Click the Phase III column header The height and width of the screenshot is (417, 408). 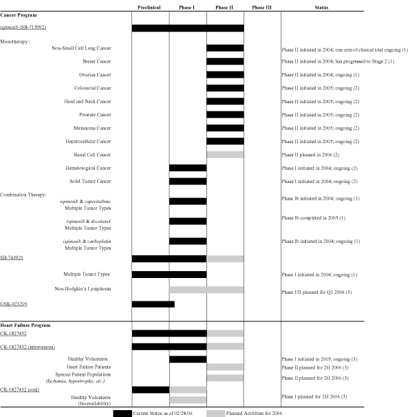261,8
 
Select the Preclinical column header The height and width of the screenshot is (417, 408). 149,8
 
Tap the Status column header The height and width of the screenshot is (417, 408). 321,8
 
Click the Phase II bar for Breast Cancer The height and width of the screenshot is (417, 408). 225,61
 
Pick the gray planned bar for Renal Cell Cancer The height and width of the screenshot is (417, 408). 225,155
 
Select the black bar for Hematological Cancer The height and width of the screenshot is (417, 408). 188,168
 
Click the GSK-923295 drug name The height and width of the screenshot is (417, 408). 14,304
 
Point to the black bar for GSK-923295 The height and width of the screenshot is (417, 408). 153,304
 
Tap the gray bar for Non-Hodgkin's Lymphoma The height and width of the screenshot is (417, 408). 206,290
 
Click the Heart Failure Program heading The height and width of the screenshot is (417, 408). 25,325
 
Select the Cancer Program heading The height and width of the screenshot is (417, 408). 19,15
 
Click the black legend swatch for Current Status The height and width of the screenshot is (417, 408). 122,414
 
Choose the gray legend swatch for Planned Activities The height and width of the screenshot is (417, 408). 215,414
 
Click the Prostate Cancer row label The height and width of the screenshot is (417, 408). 95,115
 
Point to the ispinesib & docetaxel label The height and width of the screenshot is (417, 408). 89,222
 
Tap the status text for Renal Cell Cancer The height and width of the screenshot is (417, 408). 310,155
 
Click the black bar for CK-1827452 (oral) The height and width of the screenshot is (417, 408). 151,389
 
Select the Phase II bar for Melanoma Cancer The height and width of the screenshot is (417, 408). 225,128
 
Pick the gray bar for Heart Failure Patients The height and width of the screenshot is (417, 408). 225,367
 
